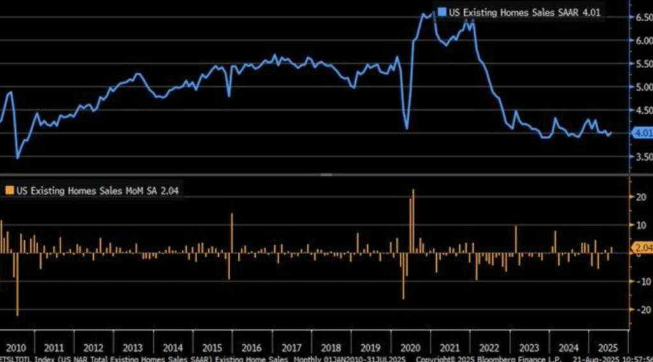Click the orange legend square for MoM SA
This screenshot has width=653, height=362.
(x=9, y=190)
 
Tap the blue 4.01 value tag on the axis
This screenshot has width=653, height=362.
(x=642, y=133)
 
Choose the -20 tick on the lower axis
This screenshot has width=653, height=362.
(x=636, y=310)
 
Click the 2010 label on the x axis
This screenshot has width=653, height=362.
(x=16, y=348)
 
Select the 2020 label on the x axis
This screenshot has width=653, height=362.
(x=408, y=348)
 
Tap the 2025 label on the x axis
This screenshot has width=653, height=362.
(x=604, y=348)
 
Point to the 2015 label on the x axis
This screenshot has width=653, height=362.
(x=212, y=348)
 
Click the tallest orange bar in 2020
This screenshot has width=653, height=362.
(x=413, y=220)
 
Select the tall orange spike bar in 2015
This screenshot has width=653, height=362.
(x=231, y=233)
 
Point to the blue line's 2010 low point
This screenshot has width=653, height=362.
(x=17, y=158)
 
